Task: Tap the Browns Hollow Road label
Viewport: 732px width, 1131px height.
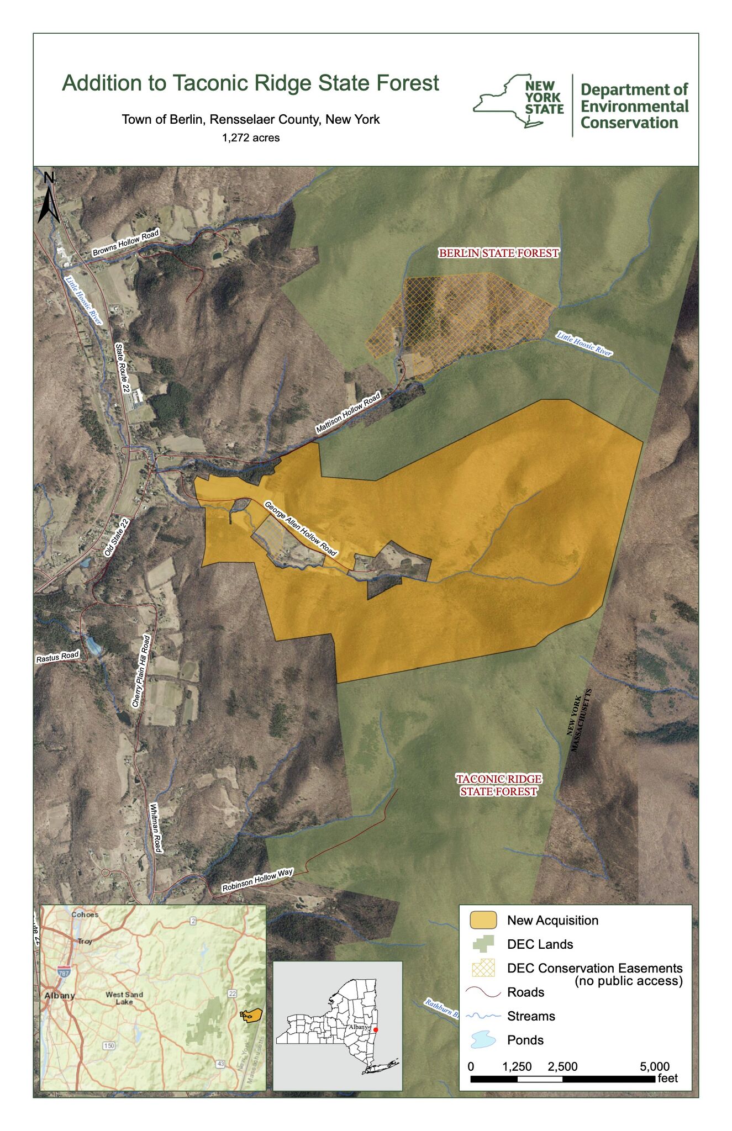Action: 125,243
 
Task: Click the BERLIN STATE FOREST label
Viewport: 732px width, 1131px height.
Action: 499,253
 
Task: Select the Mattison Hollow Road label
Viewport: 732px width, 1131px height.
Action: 348,413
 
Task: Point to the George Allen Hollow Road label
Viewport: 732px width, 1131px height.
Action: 300,528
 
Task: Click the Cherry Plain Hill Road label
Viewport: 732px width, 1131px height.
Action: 141,671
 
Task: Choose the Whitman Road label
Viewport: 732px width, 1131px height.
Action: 156,827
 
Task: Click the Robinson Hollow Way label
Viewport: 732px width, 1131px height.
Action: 257,880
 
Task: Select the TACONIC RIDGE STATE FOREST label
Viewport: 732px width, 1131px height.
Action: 499,785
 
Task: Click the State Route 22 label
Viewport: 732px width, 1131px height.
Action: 122,368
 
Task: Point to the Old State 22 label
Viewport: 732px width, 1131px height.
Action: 117,537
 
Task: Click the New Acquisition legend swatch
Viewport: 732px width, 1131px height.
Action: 483,920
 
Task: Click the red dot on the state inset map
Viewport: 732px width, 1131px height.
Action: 376,1029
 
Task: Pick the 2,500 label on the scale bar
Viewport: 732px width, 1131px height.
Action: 562,1066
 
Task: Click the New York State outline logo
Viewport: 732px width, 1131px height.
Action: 518,102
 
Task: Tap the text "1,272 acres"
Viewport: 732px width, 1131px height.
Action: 251,138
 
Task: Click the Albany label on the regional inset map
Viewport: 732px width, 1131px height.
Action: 59,995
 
